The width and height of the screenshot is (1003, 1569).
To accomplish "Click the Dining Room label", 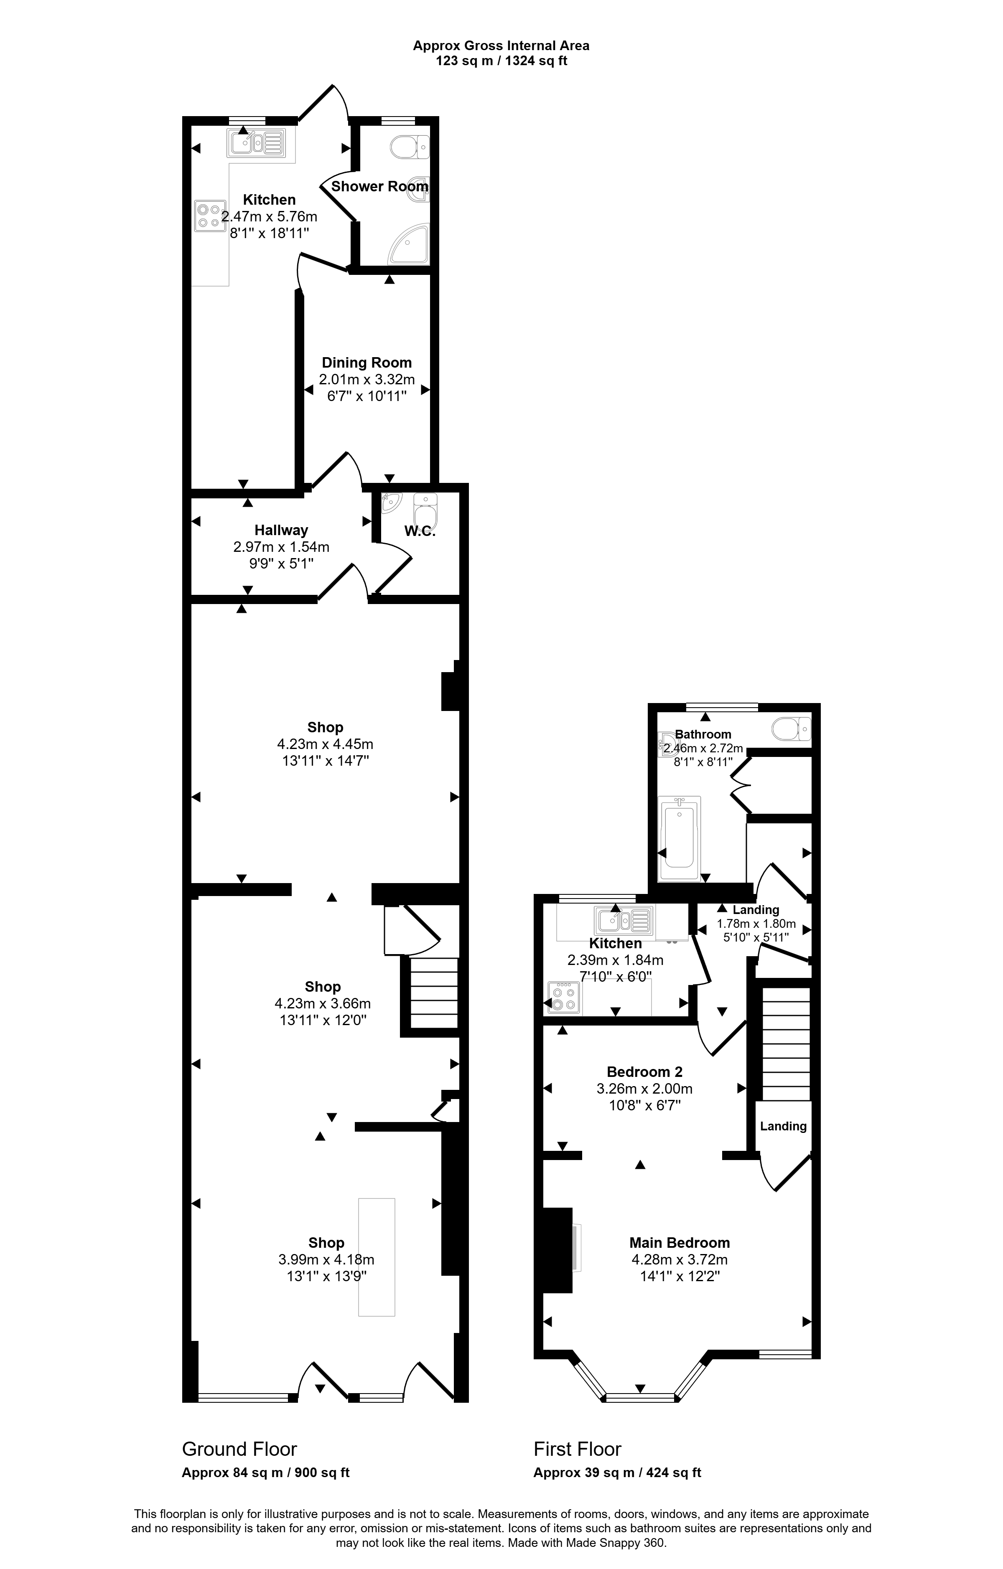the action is coord(367,363).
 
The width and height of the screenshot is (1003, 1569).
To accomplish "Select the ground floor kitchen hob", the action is coord(210,216).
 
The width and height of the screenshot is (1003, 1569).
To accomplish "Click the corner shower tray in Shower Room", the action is coord(409,245).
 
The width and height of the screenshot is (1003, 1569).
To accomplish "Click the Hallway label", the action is coord(281,531).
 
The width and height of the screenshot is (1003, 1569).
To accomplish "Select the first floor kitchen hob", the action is coord(564,998).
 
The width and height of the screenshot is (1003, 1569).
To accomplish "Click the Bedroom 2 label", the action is coord(644,1072).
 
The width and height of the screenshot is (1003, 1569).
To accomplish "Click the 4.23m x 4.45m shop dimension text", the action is coord(325,744).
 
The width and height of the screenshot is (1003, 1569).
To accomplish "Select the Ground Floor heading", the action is coord(239,1449).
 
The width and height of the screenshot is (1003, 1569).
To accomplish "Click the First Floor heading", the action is coord(578,1449).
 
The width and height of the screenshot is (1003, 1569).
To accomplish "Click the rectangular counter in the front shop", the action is coord(377,1257).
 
